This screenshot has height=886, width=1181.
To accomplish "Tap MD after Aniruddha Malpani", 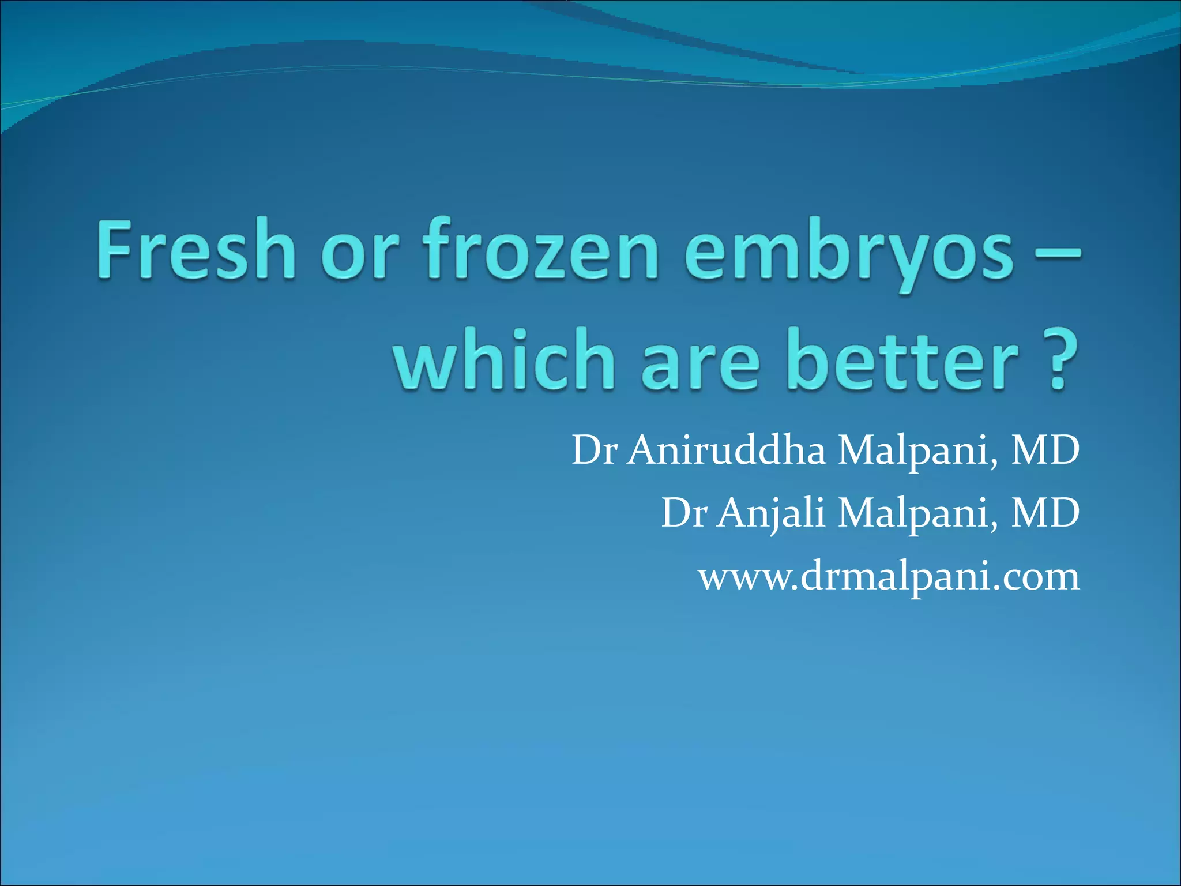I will tap(1045, 450).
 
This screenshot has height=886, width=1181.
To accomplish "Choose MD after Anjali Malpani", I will tap(1045, 513).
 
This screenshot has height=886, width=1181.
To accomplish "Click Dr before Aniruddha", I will tap(594, 450).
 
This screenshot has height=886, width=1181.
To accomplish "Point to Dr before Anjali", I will tap(683, 513).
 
